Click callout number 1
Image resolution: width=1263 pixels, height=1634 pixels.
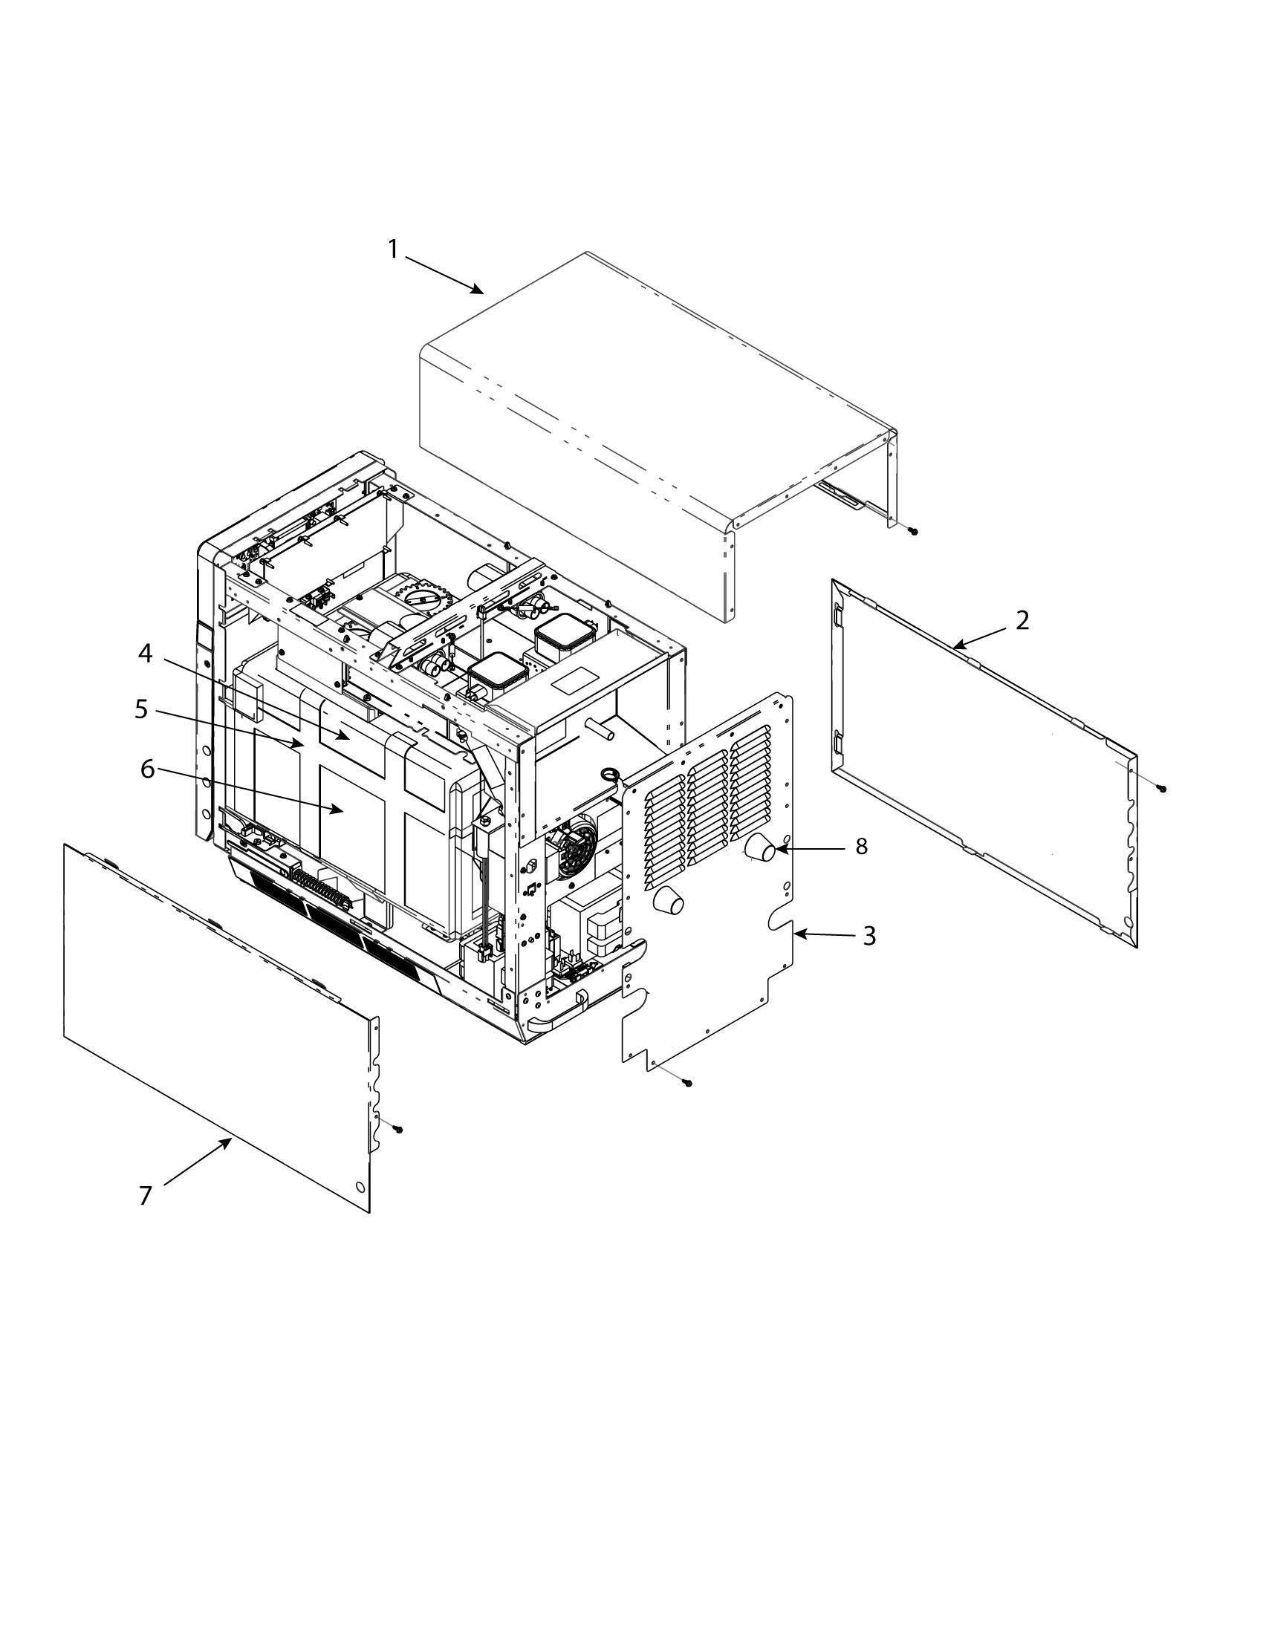(x=394, y=250)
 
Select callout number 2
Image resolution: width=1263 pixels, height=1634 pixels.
(x=1022, y=620)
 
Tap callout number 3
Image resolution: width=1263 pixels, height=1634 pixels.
(x=868, y=936)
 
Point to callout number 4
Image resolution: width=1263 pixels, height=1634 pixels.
(x=145, y=654)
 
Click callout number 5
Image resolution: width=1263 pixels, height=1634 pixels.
(x=141, y=709)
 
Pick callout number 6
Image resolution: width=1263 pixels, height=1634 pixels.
(x=147, y=769)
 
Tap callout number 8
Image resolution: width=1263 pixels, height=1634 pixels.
(x=861, y=846)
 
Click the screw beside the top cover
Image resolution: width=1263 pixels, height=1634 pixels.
(x=913, y=530)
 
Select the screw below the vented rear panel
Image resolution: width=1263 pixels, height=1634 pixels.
(x=689, y=1083)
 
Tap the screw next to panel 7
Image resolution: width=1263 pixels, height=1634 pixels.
(x=397, y=1129)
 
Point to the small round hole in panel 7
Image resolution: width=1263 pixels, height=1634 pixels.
(x=360, y=1188)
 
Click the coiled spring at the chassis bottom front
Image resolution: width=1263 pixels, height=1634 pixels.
(x=320, y=891)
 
